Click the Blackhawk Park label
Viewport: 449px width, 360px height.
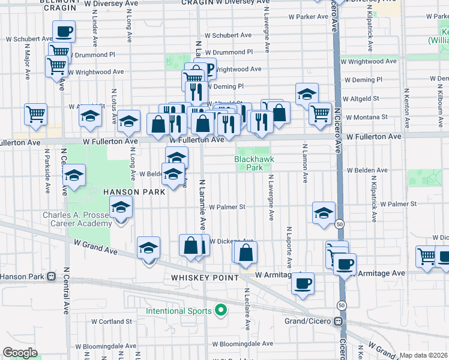click(249, 163)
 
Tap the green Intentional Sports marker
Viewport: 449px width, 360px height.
click(221, 311)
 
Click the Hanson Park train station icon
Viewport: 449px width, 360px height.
click(52, 277)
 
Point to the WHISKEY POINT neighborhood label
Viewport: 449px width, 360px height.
click(205, 278)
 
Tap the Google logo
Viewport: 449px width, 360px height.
click(20, 353)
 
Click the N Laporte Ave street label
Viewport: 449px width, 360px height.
click(289, 247)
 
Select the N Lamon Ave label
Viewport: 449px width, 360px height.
click(305, 163)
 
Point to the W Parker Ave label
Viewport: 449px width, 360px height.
click(309, 17)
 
